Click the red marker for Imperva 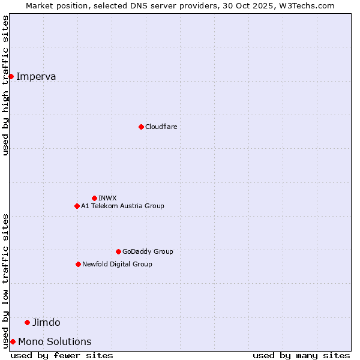[11, 76]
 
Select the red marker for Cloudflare [141, 127]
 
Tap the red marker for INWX [94, 198]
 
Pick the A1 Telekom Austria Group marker [77, 206]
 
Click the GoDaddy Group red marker [118, 251]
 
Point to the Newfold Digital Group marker [78, 264]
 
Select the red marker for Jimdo [27, 322]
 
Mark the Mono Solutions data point [13, 341]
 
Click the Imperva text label [36, 76]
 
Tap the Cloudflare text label [161, 127]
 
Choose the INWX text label [107, 198]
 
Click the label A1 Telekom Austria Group [122, 206]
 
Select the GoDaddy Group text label [148, 251]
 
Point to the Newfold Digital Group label [117, 264]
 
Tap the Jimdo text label [46, 322]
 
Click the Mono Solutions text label [55, 341]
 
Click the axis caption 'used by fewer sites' [62, 355]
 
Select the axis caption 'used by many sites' [301, 355]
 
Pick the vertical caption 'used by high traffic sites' [5, 85]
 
